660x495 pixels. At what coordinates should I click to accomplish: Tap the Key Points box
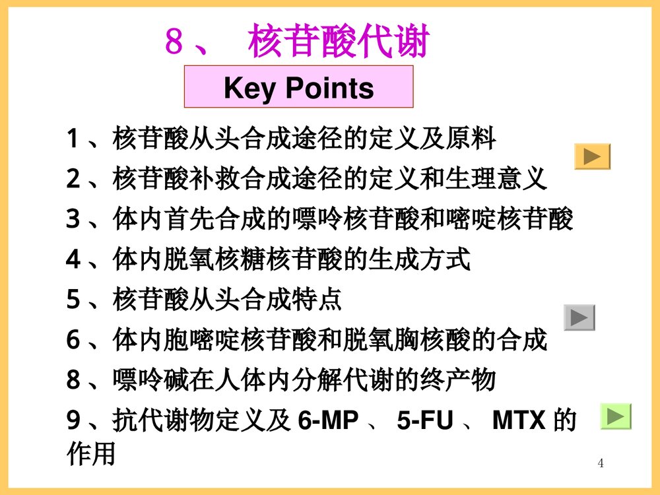(298, 87)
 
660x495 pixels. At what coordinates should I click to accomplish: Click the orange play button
(592, 156)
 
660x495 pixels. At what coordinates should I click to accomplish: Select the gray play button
(579, 317)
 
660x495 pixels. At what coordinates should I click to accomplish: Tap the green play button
(615, 416)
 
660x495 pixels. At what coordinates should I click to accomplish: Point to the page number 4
(601, 463)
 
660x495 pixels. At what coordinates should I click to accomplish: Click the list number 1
(73, 139)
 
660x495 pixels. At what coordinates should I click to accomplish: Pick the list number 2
(73, 180)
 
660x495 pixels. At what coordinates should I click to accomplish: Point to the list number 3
(73, 220)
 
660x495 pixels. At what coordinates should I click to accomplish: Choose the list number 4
(73, 260)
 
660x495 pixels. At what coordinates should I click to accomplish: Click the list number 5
(73, 300)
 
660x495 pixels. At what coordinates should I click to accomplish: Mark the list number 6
(73, 341)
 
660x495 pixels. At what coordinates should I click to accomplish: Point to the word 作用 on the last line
(92, 454)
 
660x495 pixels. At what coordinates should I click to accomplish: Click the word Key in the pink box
(248, 87)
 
